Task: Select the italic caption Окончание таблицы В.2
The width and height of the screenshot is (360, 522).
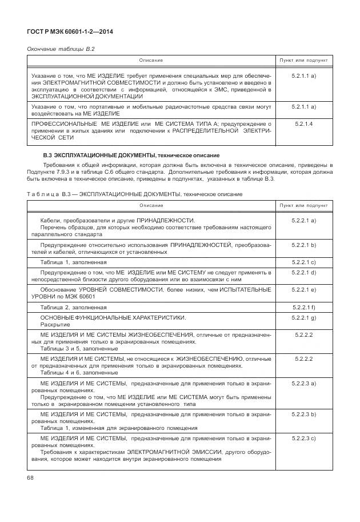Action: (61, 49)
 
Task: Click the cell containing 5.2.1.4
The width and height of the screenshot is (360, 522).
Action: (303, 123)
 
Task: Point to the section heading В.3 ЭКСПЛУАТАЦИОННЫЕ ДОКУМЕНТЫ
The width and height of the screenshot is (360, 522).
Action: (131, 156)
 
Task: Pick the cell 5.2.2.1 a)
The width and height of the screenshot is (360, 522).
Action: (303, 220)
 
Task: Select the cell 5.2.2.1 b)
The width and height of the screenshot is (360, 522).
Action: (303, 245)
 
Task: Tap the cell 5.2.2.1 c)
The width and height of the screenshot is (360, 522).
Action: (303, 262)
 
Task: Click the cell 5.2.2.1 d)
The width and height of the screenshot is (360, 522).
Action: (303, 273)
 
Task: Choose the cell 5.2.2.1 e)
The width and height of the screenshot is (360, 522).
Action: (303, 290)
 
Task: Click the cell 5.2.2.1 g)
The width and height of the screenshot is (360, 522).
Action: (303, 317)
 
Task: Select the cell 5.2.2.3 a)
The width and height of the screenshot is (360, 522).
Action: (303, 383)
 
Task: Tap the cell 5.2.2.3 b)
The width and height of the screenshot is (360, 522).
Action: (303, 413)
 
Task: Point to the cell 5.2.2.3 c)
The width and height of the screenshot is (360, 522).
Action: (303, 438)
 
